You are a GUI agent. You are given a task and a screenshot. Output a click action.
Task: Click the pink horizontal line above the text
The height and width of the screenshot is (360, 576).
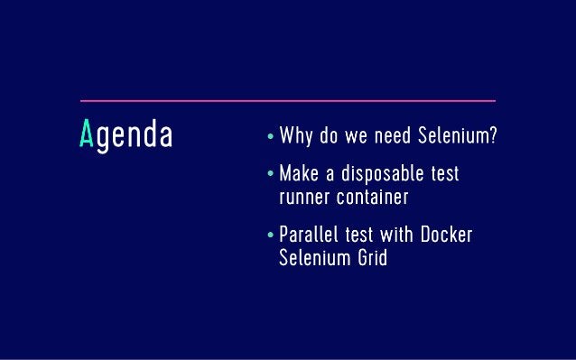[287, 100]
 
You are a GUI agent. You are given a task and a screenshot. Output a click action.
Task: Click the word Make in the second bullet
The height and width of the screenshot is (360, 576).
[300, 173]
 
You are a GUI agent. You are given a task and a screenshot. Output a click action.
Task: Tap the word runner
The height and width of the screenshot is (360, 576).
[304, 197]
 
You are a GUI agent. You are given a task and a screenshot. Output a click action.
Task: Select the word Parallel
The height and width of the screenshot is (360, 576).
[310, 237]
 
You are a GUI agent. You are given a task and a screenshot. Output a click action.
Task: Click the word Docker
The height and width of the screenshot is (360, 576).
[445, 237]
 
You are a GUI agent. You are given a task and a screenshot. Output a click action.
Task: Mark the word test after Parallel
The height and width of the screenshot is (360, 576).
[352, 237]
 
